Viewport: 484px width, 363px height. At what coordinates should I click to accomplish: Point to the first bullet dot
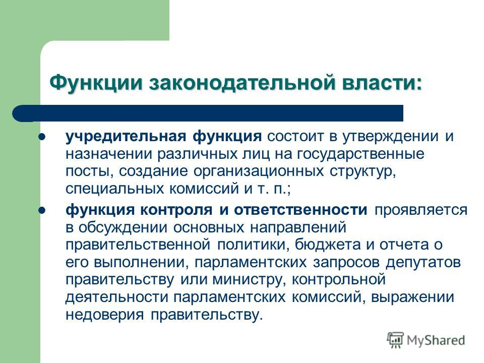[x=42, y=137]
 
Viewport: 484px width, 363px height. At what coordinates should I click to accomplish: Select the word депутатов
[x=421, y=262]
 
